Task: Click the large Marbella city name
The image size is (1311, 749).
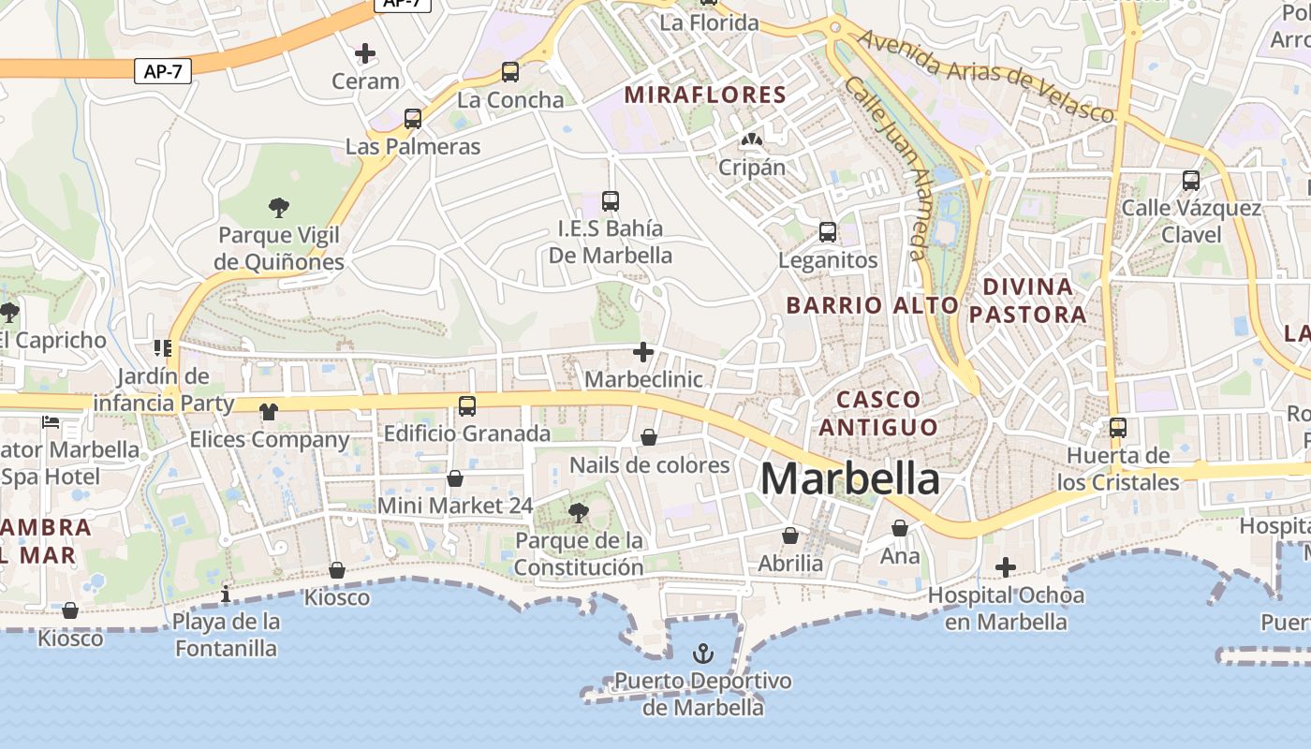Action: point(849,478)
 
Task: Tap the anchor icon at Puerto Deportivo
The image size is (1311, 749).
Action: point(702,653)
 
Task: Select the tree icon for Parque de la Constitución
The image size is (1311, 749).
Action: point(579,512)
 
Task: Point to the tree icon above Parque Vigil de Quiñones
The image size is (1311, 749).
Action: point(278,207)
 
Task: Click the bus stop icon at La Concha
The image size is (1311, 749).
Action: point(510,72)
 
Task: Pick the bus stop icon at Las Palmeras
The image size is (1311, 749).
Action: point(413,119)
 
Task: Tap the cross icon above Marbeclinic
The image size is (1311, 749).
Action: point(643,352)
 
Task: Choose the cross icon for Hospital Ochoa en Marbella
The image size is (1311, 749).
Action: point(1006,567)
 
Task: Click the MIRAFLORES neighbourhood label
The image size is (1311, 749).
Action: point(705,95)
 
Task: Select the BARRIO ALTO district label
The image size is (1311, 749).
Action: point(873,305)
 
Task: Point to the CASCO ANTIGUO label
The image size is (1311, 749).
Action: point(877,413)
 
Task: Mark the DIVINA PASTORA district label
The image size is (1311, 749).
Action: point(1027,300)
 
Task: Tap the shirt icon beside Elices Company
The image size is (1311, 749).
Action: point(269,411)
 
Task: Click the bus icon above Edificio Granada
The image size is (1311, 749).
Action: point(467,406)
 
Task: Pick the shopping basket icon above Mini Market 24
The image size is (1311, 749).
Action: point(455,478)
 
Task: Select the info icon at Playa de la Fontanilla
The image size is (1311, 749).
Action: point(226,595)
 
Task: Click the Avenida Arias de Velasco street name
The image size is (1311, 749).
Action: point(986,76)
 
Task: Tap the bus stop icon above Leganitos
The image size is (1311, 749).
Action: point(828,232)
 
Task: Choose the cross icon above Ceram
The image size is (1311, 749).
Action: point(365,53)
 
